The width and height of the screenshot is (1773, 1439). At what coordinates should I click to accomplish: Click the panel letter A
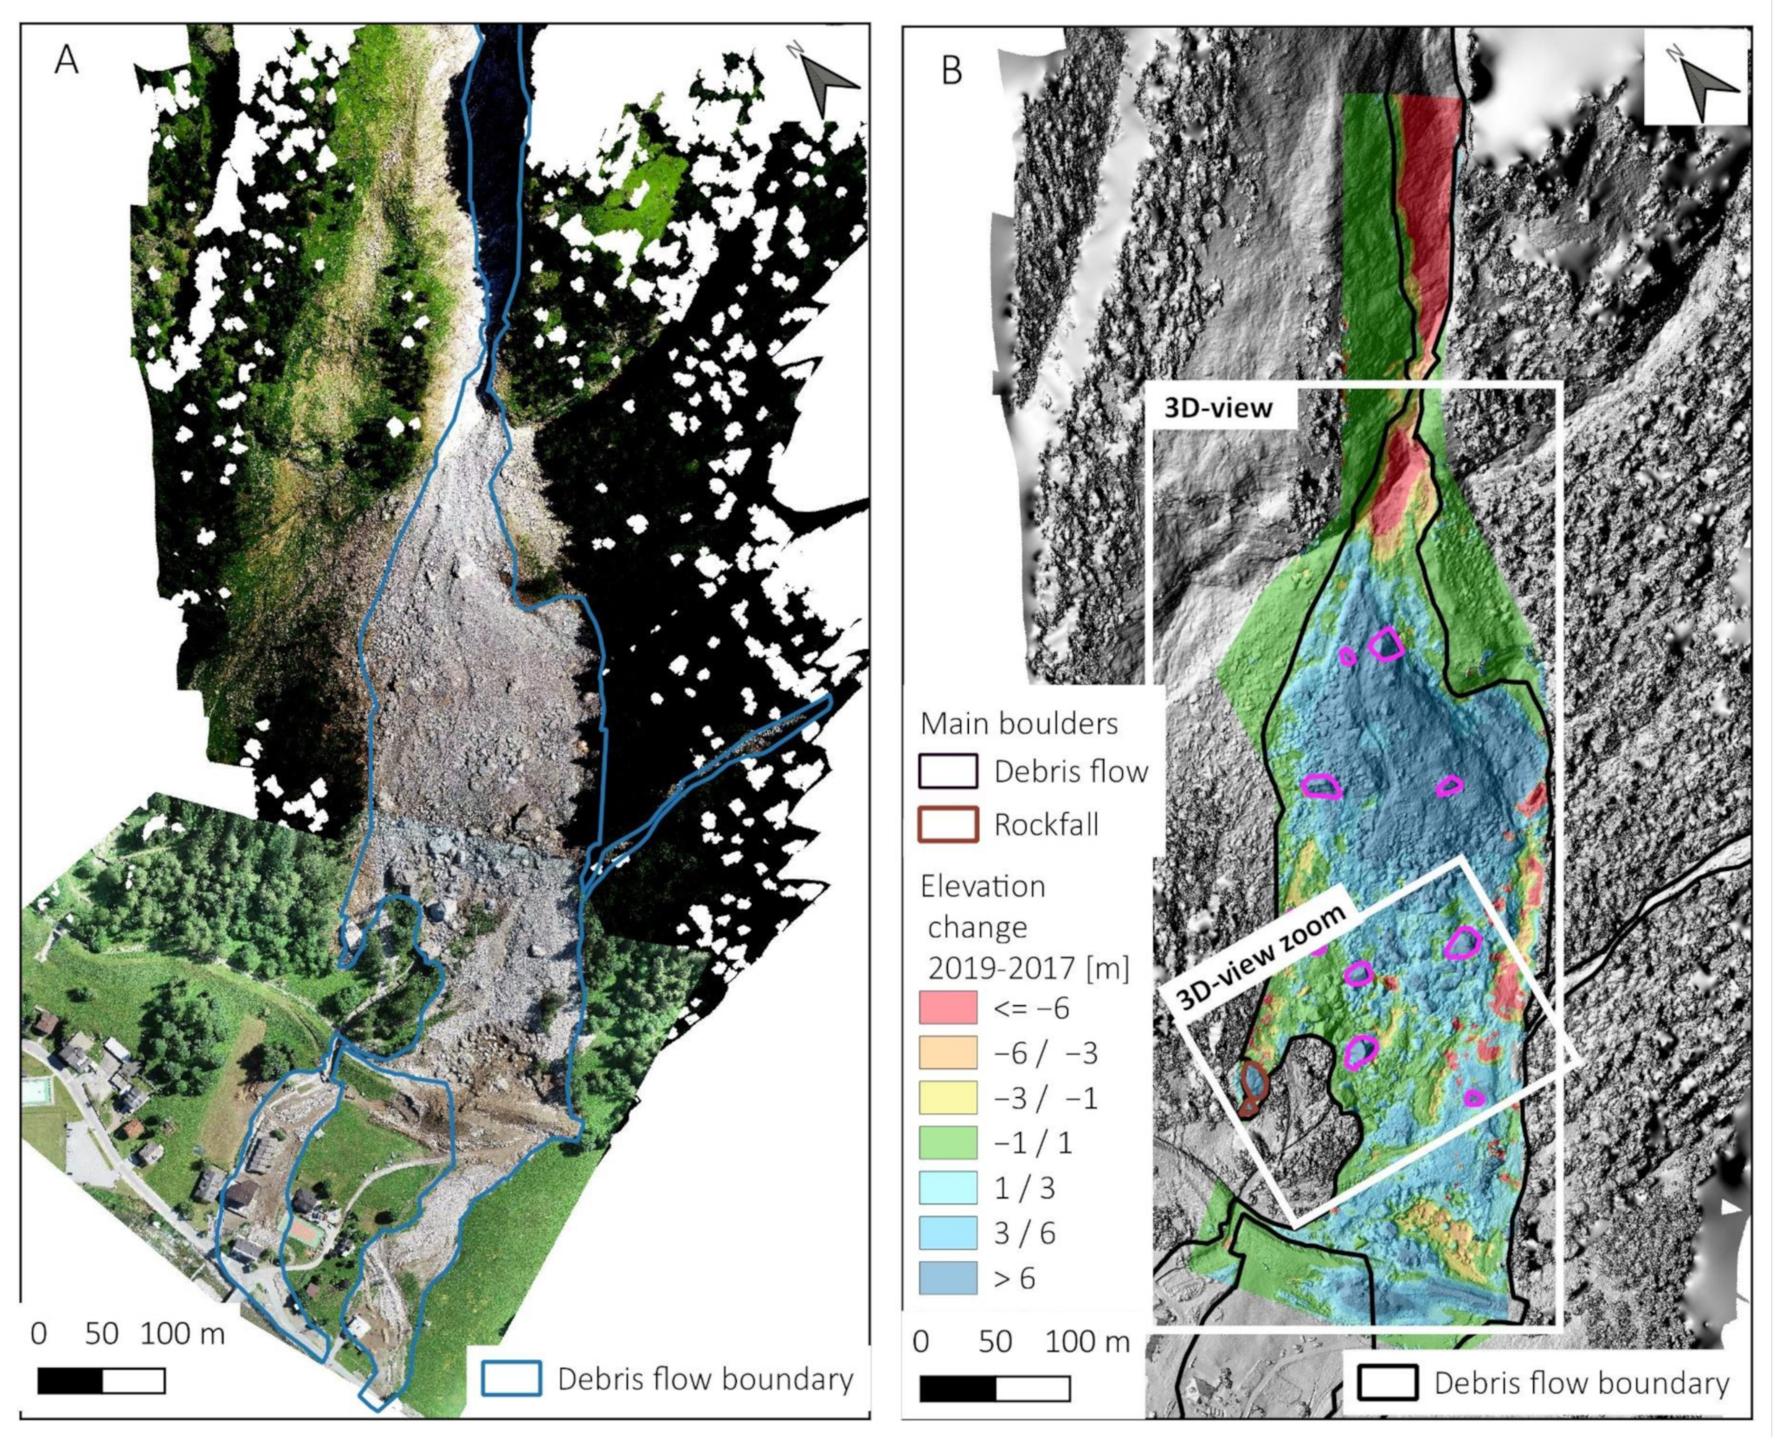click(67, 60)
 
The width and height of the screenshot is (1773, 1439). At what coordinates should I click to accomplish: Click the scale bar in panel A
click(101, 1380)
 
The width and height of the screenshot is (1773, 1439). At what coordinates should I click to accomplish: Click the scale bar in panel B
click(995, 1389)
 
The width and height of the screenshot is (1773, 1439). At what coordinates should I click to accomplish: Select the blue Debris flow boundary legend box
click(512, 1378)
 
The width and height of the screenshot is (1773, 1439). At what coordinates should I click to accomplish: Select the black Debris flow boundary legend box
click(1387, 1382)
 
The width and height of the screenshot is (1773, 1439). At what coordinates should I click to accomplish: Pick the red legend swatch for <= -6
click(948, 1008)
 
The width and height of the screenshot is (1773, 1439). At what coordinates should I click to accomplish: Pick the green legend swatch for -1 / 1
click(948, 1143)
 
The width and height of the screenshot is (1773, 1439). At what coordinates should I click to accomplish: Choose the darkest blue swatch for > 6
click(948, 1278)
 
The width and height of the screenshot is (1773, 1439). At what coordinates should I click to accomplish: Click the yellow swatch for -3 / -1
click(948, 1098)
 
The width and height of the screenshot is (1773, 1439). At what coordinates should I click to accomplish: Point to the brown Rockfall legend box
click(948, 823)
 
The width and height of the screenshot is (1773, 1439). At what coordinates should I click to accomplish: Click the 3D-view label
click(1219, 407)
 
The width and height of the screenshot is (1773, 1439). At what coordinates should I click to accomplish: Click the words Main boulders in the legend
click(1019, 723)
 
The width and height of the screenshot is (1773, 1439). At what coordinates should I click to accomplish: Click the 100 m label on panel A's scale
click(183, 1334)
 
